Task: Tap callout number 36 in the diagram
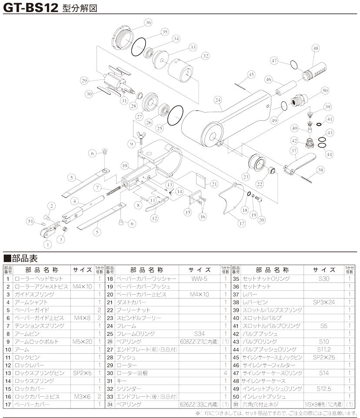(148, 22)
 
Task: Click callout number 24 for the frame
(217, 100)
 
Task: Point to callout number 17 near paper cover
(241, 224)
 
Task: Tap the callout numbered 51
(30, 221)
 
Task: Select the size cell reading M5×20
(82, 342)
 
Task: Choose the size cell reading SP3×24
(323, 302)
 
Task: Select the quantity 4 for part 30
(225, 373)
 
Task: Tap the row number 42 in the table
(236, 334)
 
